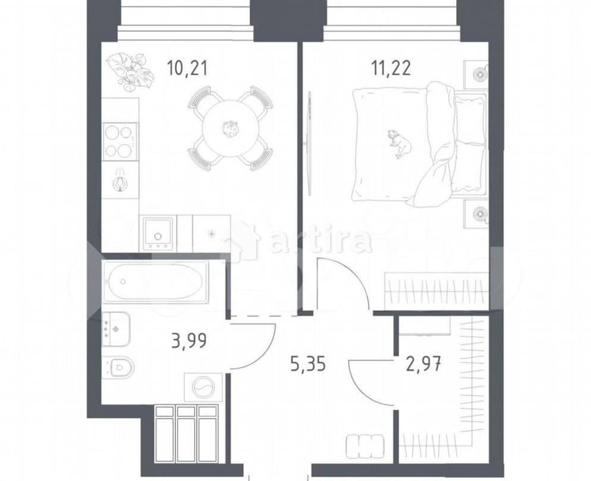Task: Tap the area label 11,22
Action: click(391, 68)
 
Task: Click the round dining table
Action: click(231, 128)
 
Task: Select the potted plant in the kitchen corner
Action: click(128, 69)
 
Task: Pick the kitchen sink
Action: click(158, 233)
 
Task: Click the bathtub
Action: click(155, 281)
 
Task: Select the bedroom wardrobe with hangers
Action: click(437, 291)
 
